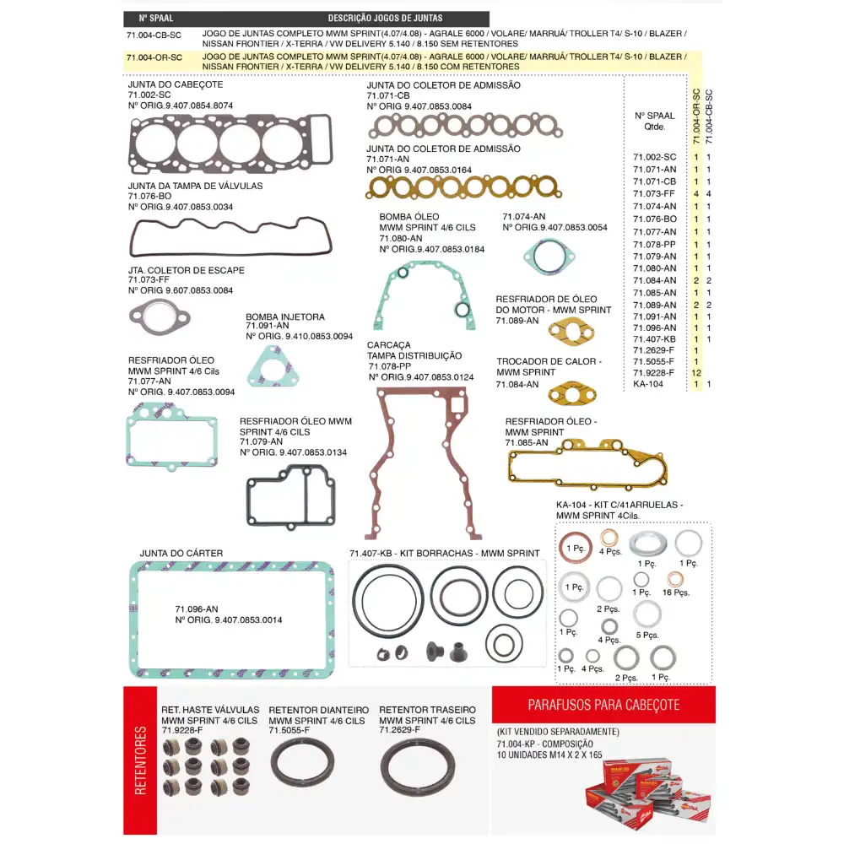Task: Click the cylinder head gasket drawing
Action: pos(230,144)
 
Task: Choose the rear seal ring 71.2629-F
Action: pos(415,766)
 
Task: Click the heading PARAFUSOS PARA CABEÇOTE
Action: pos(603,704)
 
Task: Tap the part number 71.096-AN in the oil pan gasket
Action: pos(197,609)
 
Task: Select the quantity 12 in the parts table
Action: pos(696,372)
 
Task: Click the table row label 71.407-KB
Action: pos(654,339)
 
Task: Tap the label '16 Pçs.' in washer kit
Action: pos(676,592)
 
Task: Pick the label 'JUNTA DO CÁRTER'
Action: pos(181,554)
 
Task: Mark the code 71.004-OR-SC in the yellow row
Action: pos(154,57)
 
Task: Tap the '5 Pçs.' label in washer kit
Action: pos(648,635)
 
